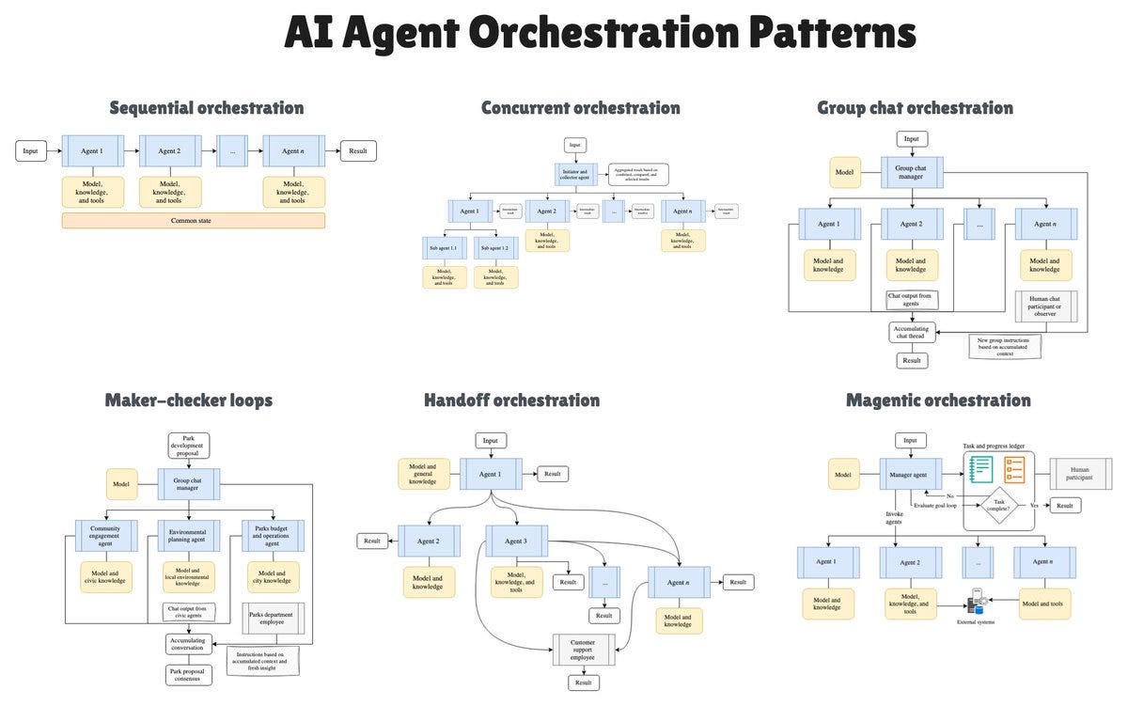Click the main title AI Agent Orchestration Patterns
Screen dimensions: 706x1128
(x=601, y=34)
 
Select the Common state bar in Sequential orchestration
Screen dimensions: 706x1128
(x=193, y=221)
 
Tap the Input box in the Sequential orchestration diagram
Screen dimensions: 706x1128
(x=31, y=150)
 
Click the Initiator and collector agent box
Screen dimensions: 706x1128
(x=576, y=174)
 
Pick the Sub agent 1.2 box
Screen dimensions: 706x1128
(x=495, y=248)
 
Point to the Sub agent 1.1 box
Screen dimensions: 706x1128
(x=443, y=248)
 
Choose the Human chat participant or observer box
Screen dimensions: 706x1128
(x=1045, y=306)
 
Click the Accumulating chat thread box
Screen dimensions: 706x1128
(x=911, y=333)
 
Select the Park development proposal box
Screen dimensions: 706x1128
(x=188, y=445)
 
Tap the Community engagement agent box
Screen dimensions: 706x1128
(x=105, y=536)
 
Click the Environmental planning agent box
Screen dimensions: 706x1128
(x=188, y=536)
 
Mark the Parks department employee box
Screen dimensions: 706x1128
(x=273, y=620)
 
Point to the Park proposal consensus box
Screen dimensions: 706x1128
(x=188, y=675)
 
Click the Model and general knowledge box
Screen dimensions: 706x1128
(x=423, y=474)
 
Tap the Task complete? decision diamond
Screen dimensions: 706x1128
(x=999, y=505)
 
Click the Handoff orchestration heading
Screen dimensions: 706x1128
(x=511, y=400)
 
